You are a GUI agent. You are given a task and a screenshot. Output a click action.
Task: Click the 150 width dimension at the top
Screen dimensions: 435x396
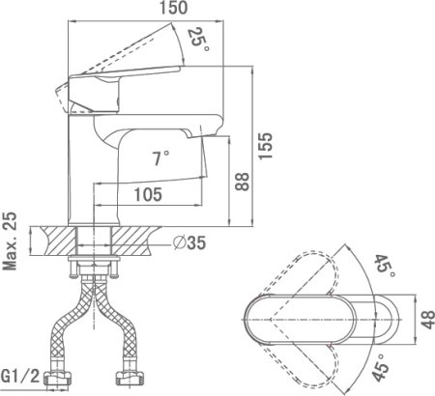[174, 8]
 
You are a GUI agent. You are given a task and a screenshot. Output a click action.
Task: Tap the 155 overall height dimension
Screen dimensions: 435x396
[266, 146]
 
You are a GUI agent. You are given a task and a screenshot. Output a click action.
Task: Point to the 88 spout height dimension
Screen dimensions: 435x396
[242, 182]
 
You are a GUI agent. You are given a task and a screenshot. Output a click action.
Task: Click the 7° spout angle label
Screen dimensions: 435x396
[160, 158]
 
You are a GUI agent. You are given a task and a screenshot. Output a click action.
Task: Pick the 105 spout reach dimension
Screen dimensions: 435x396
[148, 195]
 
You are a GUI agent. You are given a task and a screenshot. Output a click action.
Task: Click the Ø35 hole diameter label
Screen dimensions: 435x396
[189, 242]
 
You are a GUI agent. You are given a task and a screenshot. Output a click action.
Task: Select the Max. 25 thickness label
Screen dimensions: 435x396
[10, 241]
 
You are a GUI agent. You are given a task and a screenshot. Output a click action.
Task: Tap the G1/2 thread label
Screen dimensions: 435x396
[20, 376]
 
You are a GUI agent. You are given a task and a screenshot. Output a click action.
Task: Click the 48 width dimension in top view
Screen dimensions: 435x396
[427, 320]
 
